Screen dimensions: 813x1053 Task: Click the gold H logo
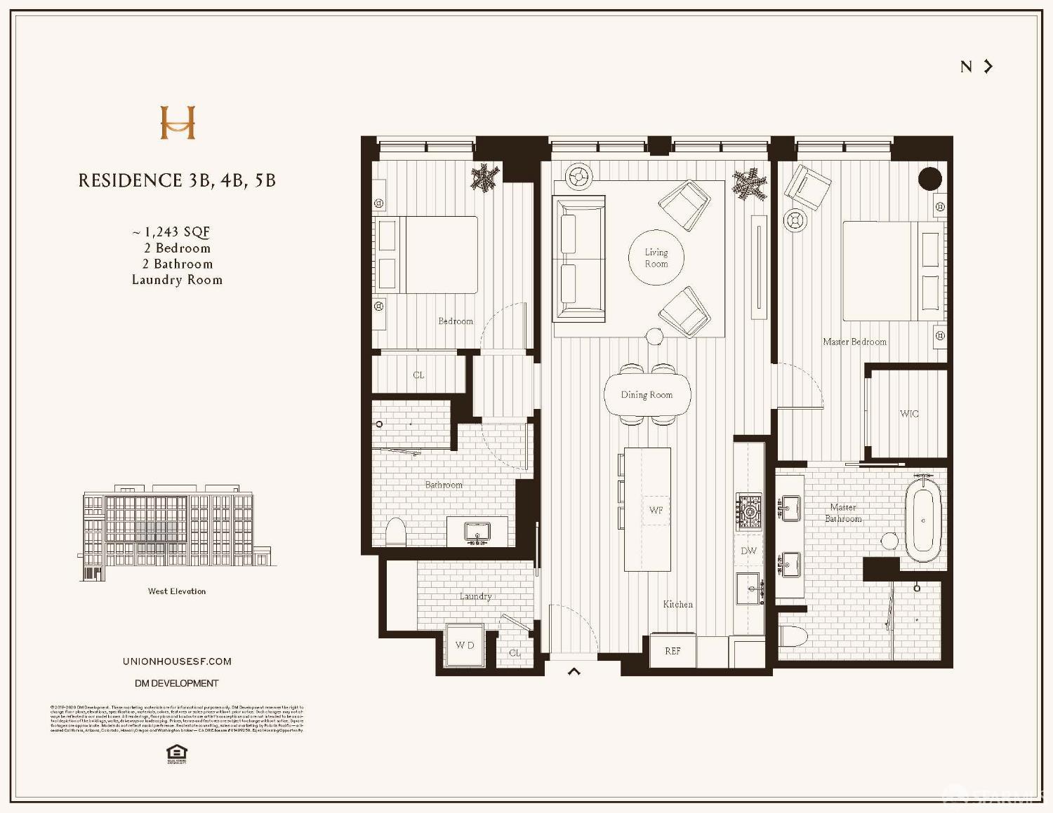(x=178, y=123)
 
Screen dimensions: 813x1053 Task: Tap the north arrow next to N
(x=988, y=67)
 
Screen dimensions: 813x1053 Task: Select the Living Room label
(x=656, y=258)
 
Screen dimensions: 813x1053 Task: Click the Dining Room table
(x=647, y=395)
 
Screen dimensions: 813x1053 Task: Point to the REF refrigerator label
(x=673, y=651)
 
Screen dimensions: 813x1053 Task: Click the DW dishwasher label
(x=749, y=551)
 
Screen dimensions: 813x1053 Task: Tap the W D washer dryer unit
(x=465, y=645)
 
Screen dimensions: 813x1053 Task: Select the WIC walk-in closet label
(x=909, y=414)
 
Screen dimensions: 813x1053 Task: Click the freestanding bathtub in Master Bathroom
(x=922, y=519)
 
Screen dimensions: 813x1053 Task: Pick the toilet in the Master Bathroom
(x=794, y=636)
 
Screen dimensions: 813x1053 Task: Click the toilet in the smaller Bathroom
(x=396, y=533)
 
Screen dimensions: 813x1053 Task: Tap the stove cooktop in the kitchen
(x=749, y=511)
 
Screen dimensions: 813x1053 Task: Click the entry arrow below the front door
(x=574, y=671)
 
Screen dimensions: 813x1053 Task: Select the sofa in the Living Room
(x=579, y=259)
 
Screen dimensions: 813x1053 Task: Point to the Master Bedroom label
(x=854, y=342)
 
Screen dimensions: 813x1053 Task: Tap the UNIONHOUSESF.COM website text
(x=177, y=661)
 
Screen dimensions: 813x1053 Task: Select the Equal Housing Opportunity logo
(x=177, y=753)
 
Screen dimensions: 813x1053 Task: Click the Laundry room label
(x=475, y=596)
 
